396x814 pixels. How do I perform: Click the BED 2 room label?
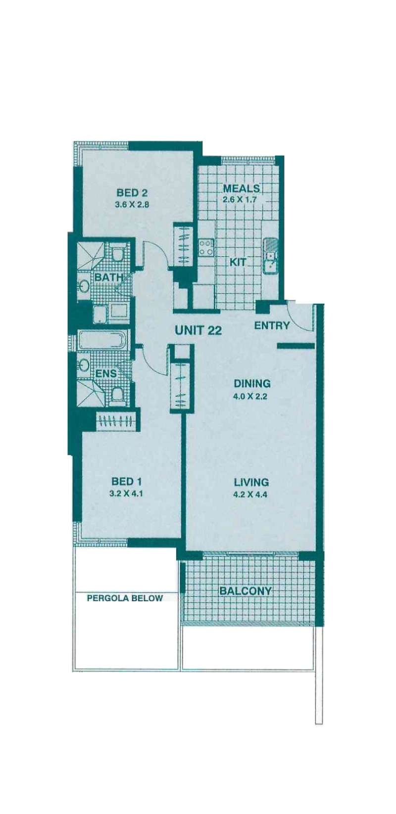(132, 192)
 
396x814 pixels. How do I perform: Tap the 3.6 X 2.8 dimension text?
(132, 205)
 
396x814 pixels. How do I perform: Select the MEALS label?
(242, 188)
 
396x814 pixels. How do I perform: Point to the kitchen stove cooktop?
(205, 247)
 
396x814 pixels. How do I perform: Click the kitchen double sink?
(270, 256)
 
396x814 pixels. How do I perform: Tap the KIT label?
(238, 262)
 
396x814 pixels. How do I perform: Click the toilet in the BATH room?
(117, 253)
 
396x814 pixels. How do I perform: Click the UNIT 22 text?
(198, 330)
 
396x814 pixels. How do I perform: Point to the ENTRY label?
(272, 325)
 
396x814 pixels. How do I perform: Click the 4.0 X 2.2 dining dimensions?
(250, 397)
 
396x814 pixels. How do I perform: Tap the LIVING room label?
(251, 482)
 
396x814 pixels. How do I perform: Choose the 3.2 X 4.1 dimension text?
(127, 494)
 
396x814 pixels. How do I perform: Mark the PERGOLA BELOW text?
(125, 598)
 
